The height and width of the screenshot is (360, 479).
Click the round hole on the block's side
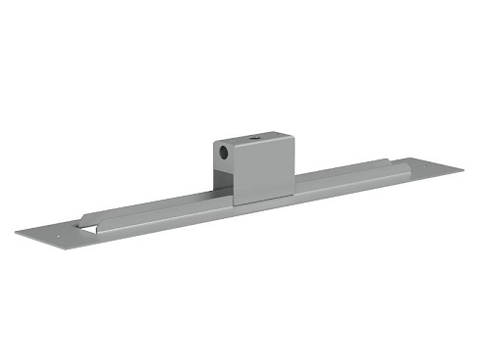click(x=225, y=153)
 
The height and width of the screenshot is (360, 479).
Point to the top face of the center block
click(x=252, y=140)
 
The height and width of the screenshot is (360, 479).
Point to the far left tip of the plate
click(x=16, y=233)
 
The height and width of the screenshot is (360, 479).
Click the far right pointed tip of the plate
click(x=463, y=168)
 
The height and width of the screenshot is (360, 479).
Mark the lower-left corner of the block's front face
click(x=234, y=204)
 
